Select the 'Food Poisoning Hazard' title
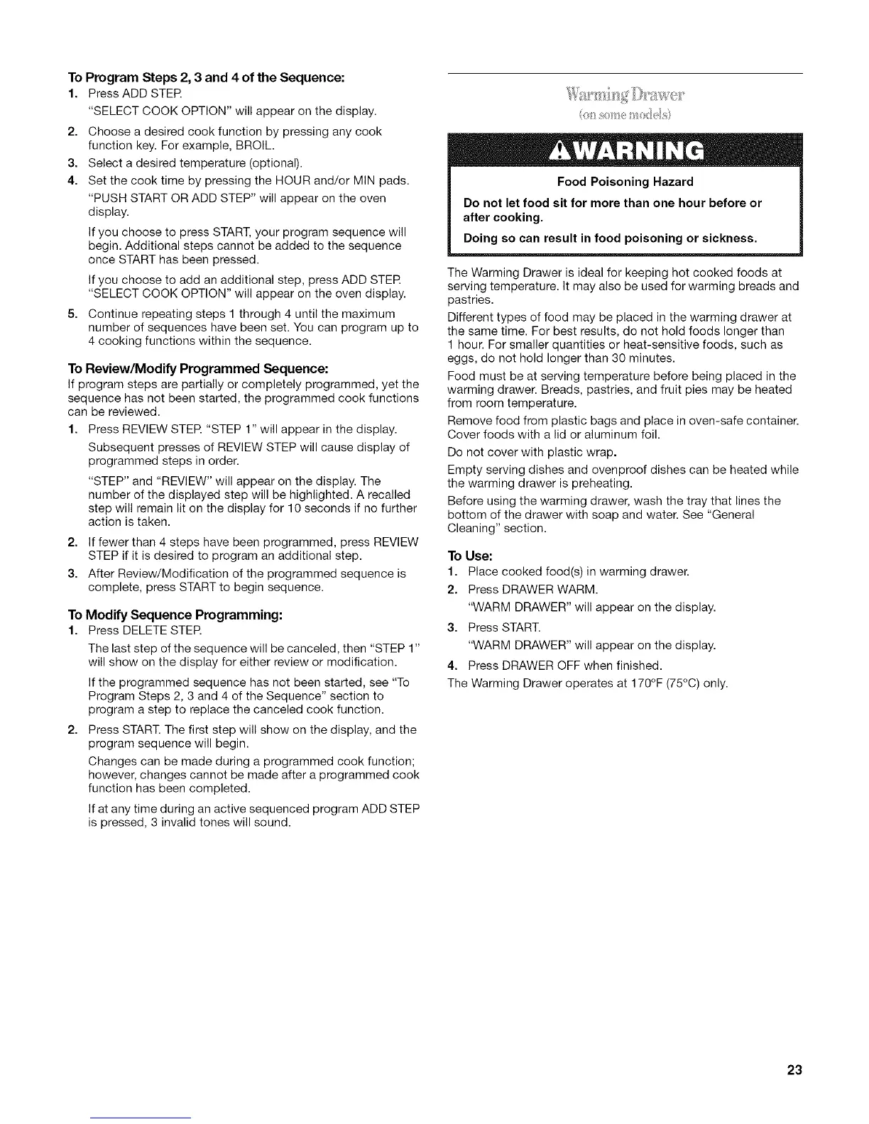click(x=625, y=182)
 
